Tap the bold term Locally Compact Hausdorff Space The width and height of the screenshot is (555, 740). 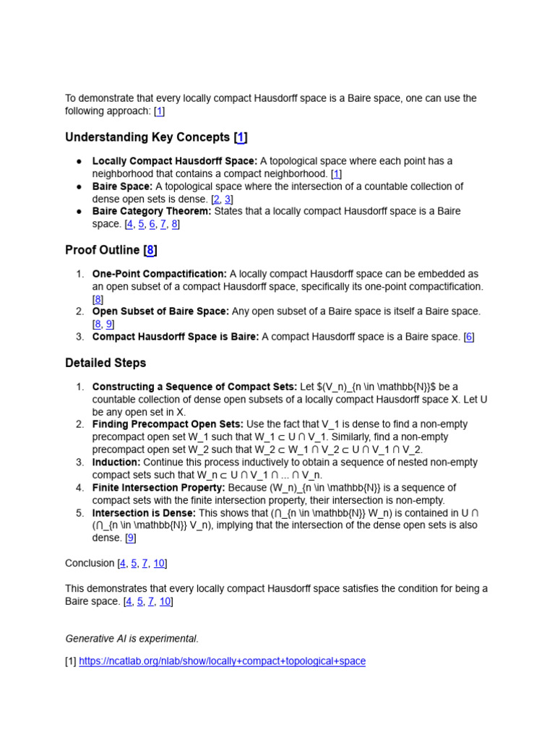tap(174, 161)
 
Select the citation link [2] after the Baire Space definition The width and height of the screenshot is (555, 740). tap(216, 199)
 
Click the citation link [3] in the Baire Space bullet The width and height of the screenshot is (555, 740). tap(228, 199)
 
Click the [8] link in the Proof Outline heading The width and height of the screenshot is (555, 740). tap(150, 250)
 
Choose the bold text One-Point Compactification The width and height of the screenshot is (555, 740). tap(159, 274)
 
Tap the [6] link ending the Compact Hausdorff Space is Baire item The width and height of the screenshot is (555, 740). tap(469, 337)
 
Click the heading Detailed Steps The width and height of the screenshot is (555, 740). tap(106, 363)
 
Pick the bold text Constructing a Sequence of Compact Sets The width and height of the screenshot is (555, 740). tap(194, 387)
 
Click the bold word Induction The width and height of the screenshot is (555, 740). tap(116, 462)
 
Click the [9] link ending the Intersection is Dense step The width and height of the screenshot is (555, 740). tap(130, 538)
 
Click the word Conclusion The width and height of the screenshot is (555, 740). tap(90, 563)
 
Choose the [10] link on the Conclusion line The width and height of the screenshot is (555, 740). tap(160, 563)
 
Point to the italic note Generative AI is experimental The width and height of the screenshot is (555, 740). tap(132, 638)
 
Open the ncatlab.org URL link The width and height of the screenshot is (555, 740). tap(222, 661)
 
